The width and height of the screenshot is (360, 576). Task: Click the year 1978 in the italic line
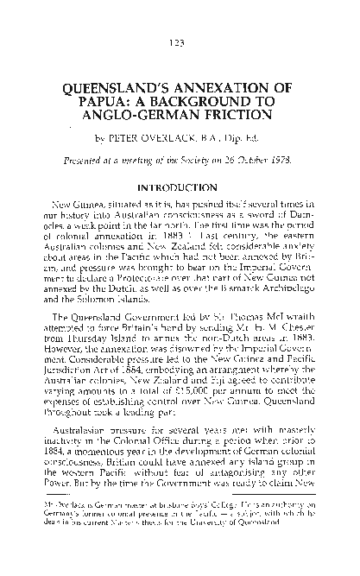tap(262, 161)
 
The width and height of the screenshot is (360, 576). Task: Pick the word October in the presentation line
tap(227, 161)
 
